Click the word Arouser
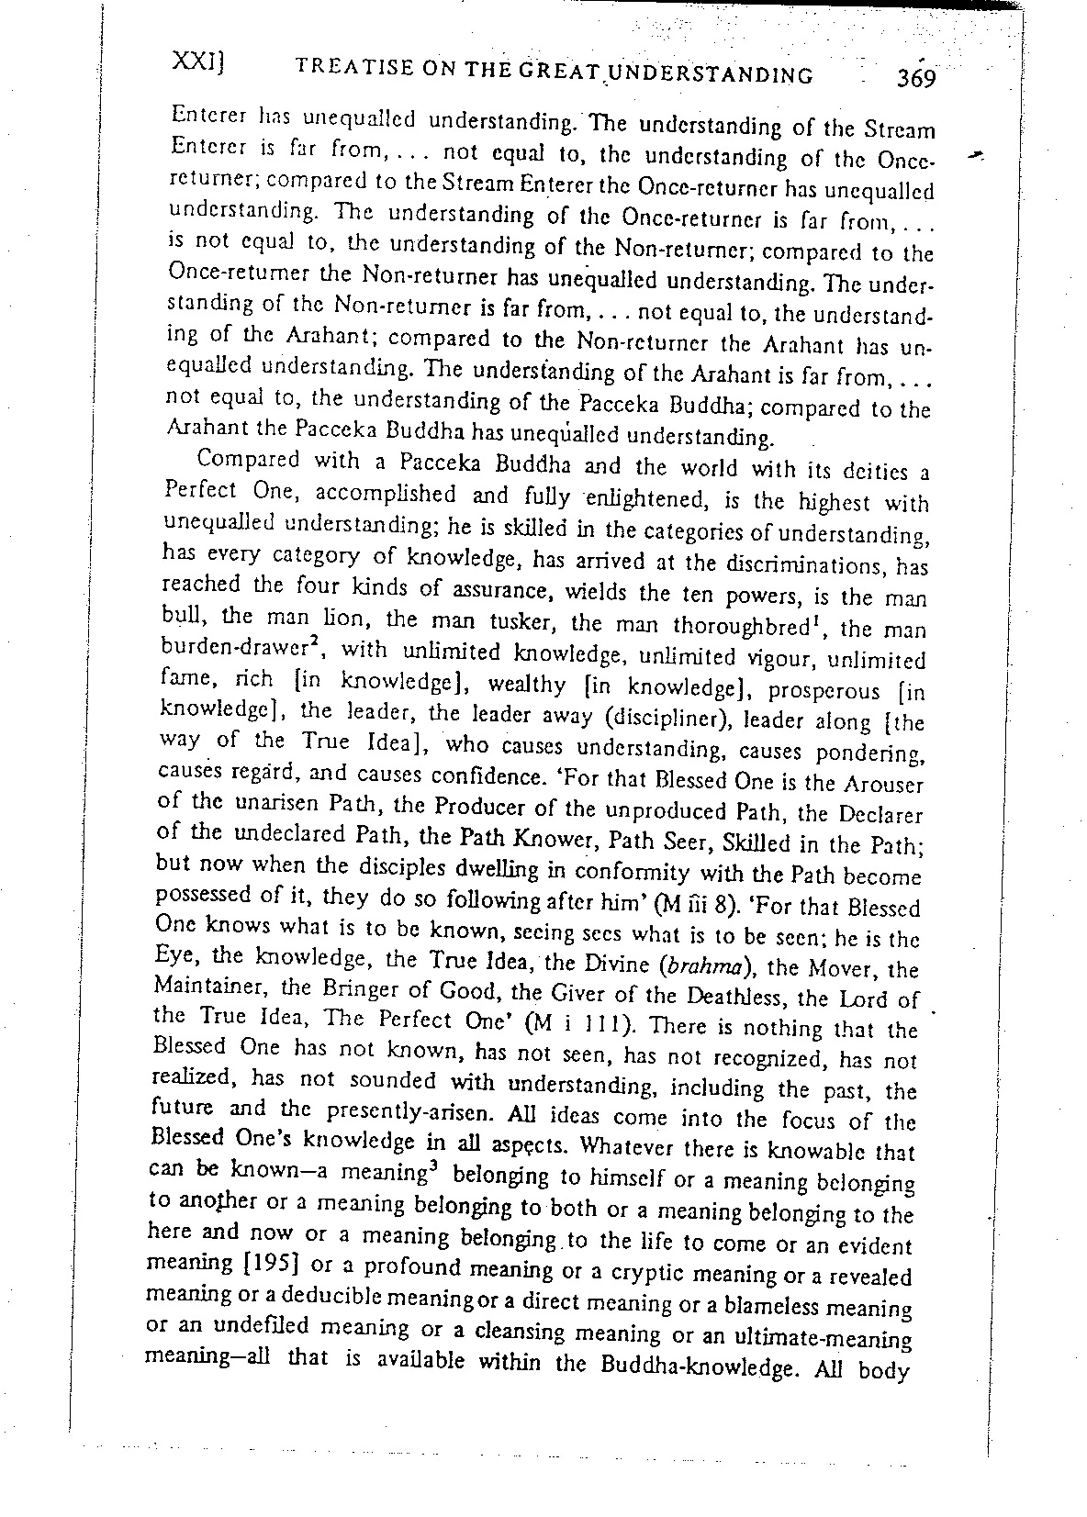tap(883, 786)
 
